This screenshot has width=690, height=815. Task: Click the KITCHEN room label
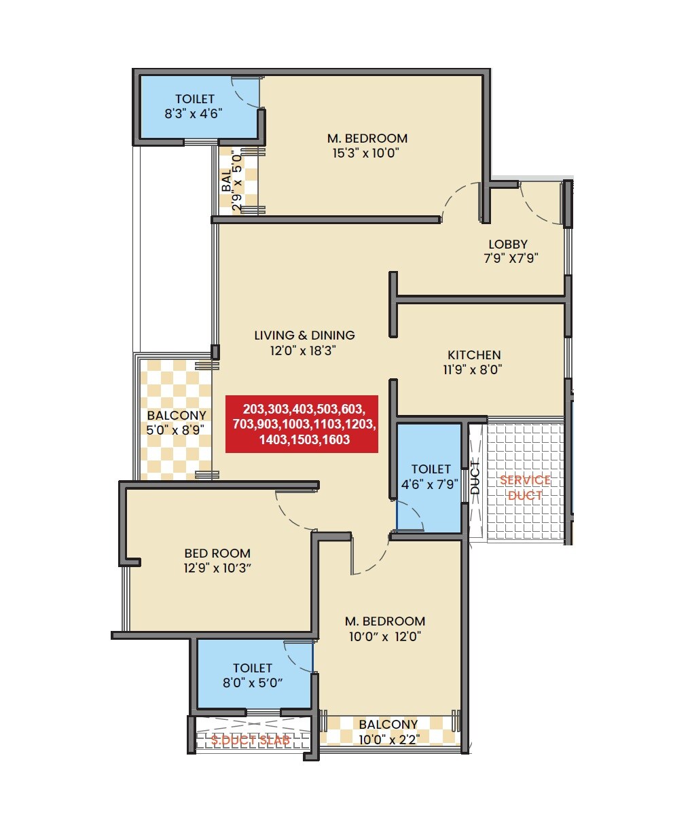pyautogui.click(x=474, y=355)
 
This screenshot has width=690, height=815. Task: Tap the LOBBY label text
pyautogui.click(x=508, y=244)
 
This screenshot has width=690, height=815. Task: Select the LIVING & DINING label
pyautogui.click(x=304, y=335)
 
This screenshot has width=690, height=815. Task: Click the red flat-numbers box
pyautogui.click(x=302, y=424)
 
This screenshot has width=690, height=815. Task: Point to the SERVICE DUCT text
pyautogui.click(x=525, y=488)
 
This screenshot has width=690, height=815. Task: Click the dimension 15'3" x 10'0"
pyautogui.click(x=365, y=153)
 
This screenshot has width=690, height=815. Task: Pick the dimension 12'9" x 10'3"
pyautogui.click(x=217, y=568)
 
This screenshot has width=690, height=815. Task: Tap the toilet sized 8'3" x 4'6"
pyautogui.click(x=194, y=107)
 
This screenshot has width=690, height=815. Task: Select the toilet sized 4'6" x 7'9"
pyautogui.click(x=431, y=477)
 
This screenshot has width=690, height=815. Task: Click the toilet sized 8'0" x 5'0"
pyautogui.click(x=253, y=676)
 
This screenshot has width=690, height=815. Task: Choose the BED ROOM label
pyautogui.click(x=217, y=554)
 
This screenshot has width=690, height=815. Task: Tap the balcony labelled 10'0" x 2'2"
pyautogui.click(x=388, y=732)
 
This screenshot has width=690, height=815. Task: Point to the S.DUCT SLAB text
pyautogui.click(x=251, y=740)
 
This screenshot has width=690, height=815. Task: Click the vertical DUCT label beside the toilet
pyautogui.click(x=475, y=477)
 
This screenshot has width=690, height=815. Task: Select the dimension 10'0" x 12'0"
pyautogui.click(x=385, y=636)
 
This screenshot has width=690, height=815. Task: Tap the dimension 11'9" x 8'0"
pyautogui.click(x=474, y=370)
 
